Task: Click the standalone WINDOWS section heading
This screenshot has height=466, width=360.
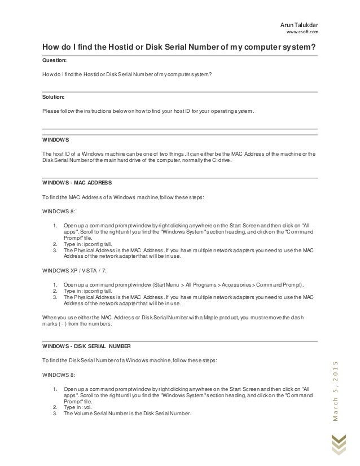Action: coord(56,139)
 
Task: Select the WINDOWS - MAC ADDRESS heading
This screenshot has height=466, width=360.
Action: coord(77,183)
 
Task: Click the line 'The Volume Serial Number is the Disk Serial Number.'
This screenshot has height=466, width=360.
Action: coord(128,413)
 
